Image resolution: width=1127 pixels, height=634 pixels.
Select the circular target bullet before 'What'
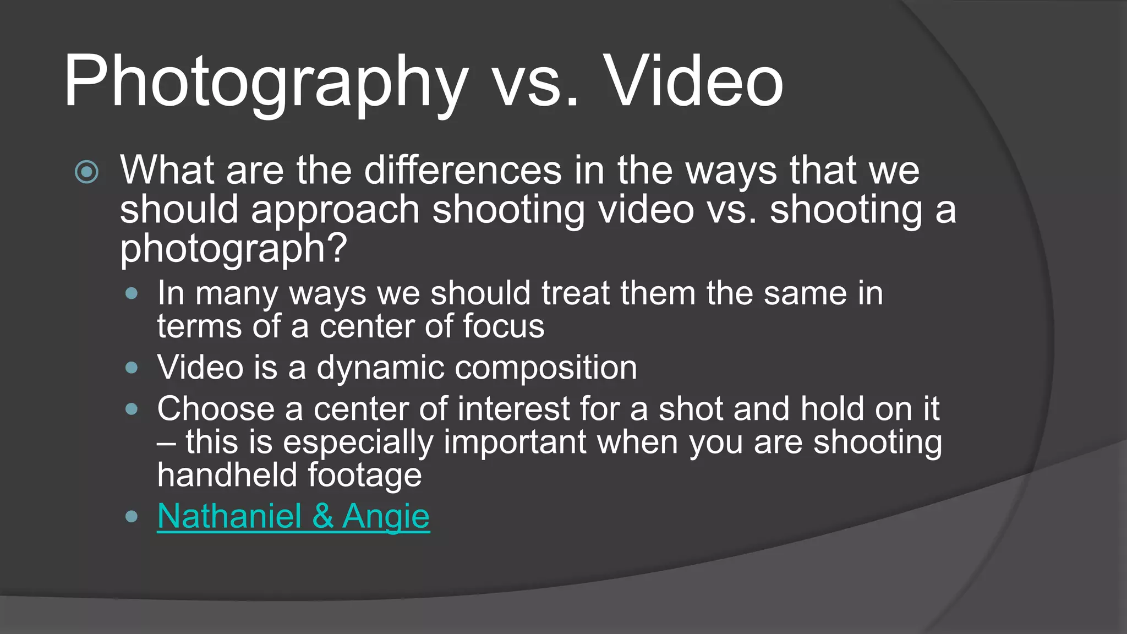pyautogui.click(x=86, y=172)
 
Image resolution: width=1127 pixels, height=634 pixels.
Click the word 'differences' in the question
pyautogui.click(x=463, y=171)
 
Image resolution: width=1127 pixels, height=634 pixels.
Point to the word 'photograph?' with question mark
pyautogui.click(x=233, y=249)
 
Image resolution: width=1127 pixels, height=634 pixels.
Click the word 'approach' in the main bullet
pyautogui.click(x=335, y=210)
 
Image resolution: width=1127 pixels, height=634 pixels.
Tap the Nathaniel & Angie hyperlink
pyautogui.click(x=293, y=516)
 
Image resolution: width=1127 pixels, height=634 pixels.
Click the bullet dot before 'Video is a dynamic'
pyautogui.click(x=131, y=368)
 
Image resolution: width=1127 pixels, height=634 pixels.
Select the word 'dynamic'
pyautogui.click(x=380, y=368)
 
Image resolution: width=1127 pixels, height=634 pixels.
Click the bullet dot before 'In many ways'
pyautogui.click(x=131, y=294)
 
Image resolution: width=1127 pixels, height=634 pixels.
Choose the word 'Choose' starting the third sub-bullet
pyautogui.click(x=216, y=409)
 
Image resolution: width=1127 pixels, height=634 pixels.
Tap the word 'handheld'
pyautogui.click(x=227, y=475)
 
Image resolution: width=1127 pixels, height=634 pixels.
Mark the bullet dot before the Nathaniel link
pyautogui.click(x=131, y=516)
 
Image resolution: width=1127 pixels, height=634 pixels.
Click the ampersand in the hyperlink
pyautogui.click(x=322, y=516)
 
